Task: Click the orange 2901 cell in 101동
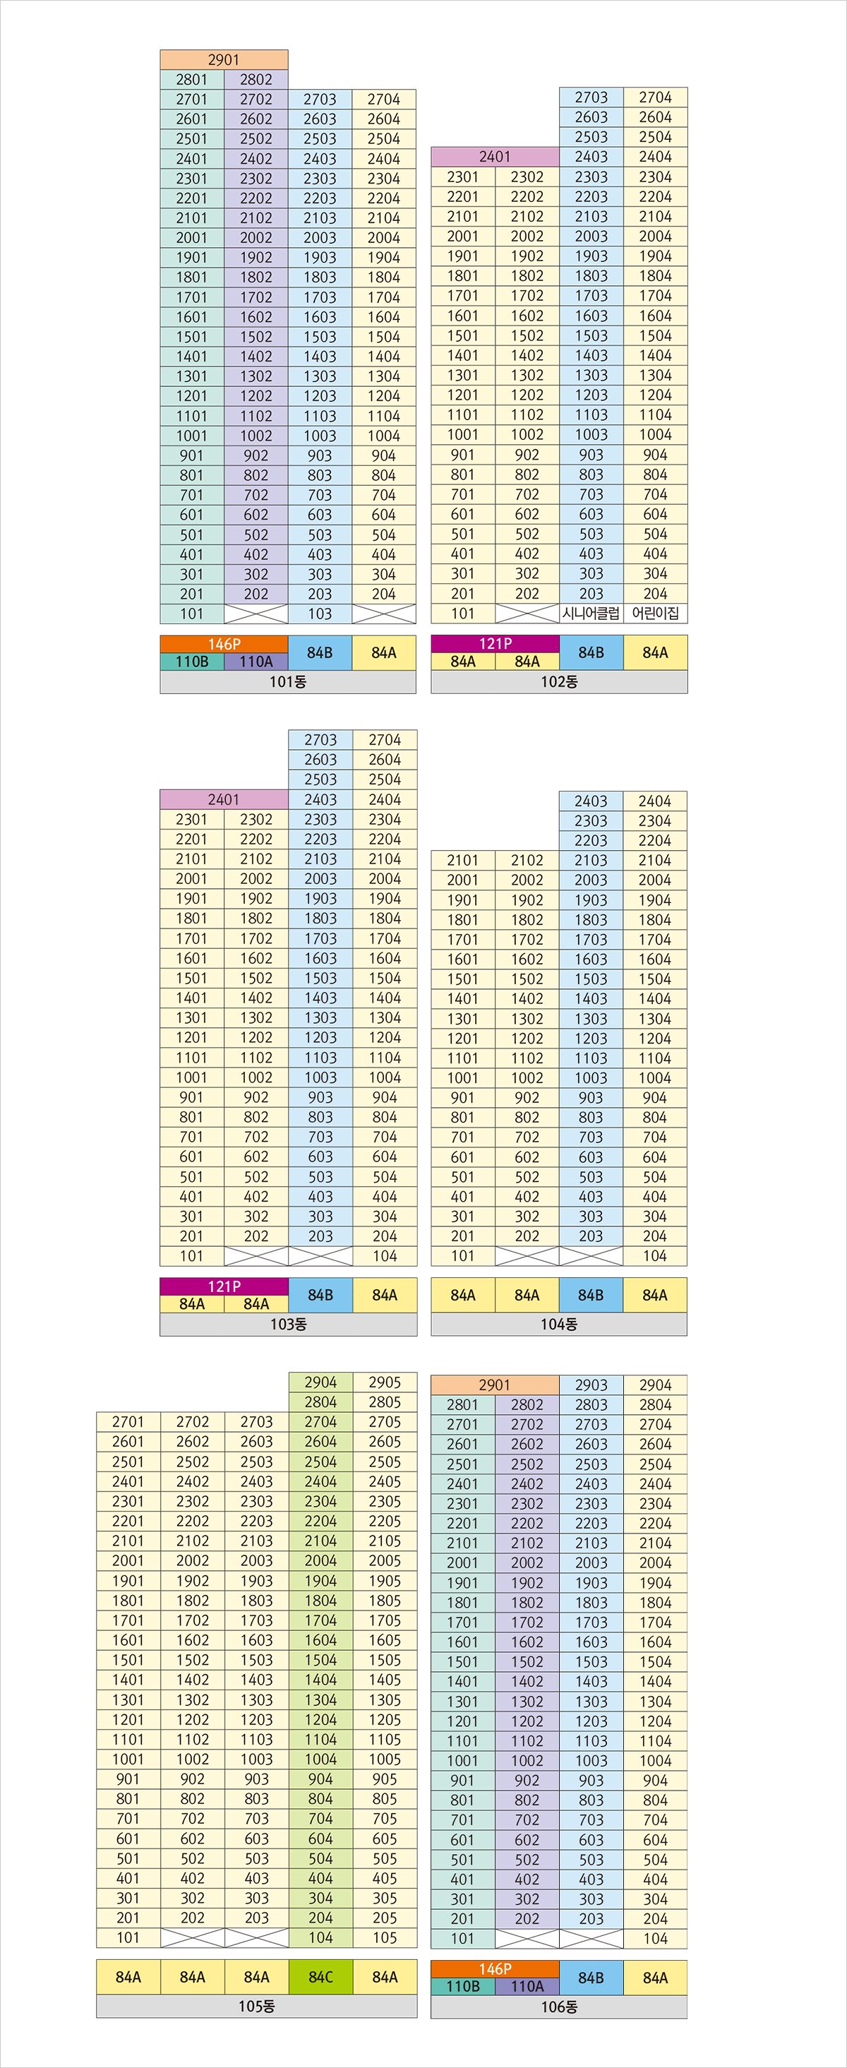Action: [x=223, y=59]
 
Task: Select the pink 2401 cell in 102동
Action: [x=495, y=157]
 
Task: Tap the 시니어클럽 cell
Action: [x=591, y=614]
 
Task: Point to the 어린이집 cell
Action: [x=655, y=614]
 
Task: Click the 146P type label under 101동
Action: [x=223, y=644]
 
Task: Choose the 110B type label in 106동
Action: [x=462, y=1986]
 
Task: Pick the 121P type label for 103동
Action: [x=223, y=1286]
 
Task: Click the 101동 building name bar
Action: [x=287, y=682]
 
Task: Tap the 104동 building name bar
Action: [x=559, y=1325]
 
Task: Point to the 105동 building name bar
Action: [x=256, y=2006]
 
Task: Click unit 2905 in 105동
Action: [x=385, y=1382]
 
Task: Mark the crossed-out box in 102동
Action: [x=527, y=614]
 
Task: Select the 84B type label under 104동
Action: [x=591, y=1295]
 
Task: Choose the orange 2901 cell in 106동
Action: [x=495, y=1385]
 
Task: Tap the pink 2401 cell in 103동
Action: [x=223, y=799]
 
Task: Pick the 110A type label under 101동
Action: [x=256, y=662]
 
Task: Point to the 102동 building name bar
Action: [x=559, y=682]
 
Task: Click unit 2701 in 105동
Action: [x=128, y=1422]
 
